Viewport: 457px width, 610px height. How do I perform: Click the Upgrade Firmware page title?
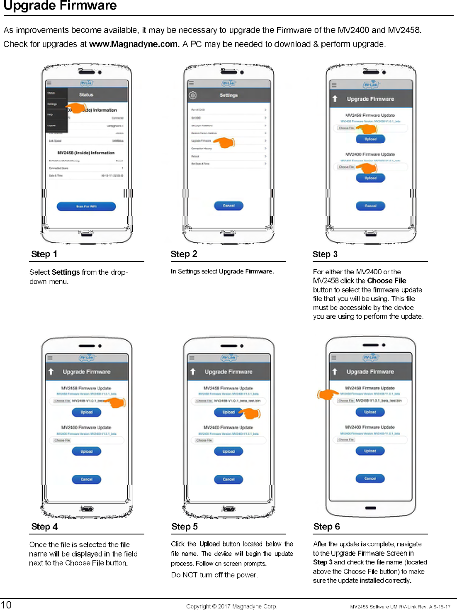coord(60,6)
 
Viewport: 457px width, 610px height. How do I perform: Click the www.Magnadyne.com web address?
coord(133,44)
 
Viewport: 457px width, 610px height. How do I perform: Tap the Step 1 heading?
coord(44,254)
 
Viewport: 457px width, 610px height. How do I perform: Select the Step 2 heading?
coord(184,254)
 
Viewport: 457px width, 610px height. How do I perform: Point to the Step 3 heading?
coord(325,254)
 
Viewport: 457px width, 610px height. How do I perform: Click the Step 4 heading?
coord(44,527)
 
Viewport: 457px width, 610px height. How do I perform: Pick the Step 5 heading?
coord(185,527)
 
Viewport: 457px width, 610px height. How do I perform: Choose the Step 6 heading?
coord(326,527)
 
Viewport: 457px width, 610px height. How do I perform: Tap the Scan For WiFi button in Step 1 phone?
coord(86,206)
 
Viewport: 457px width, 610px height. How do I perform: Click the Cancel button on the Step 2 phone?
coord(228,206)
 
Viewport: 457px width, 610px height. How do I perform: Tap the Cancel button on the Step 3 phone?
coord(370,206)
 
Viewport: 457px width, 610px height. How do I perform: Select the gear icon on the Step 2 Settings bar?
coord(193,95)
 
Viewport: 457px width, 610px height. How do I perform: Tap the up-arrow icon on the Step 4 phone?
coord(51,372)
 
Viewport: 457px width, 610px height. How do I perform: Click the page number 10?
coord(6,605)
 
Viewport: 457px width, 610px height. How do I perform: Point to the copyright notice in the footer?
coord(231,606)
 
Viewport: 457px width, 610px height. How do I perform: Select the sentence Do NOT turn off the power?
coord(214,575)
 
